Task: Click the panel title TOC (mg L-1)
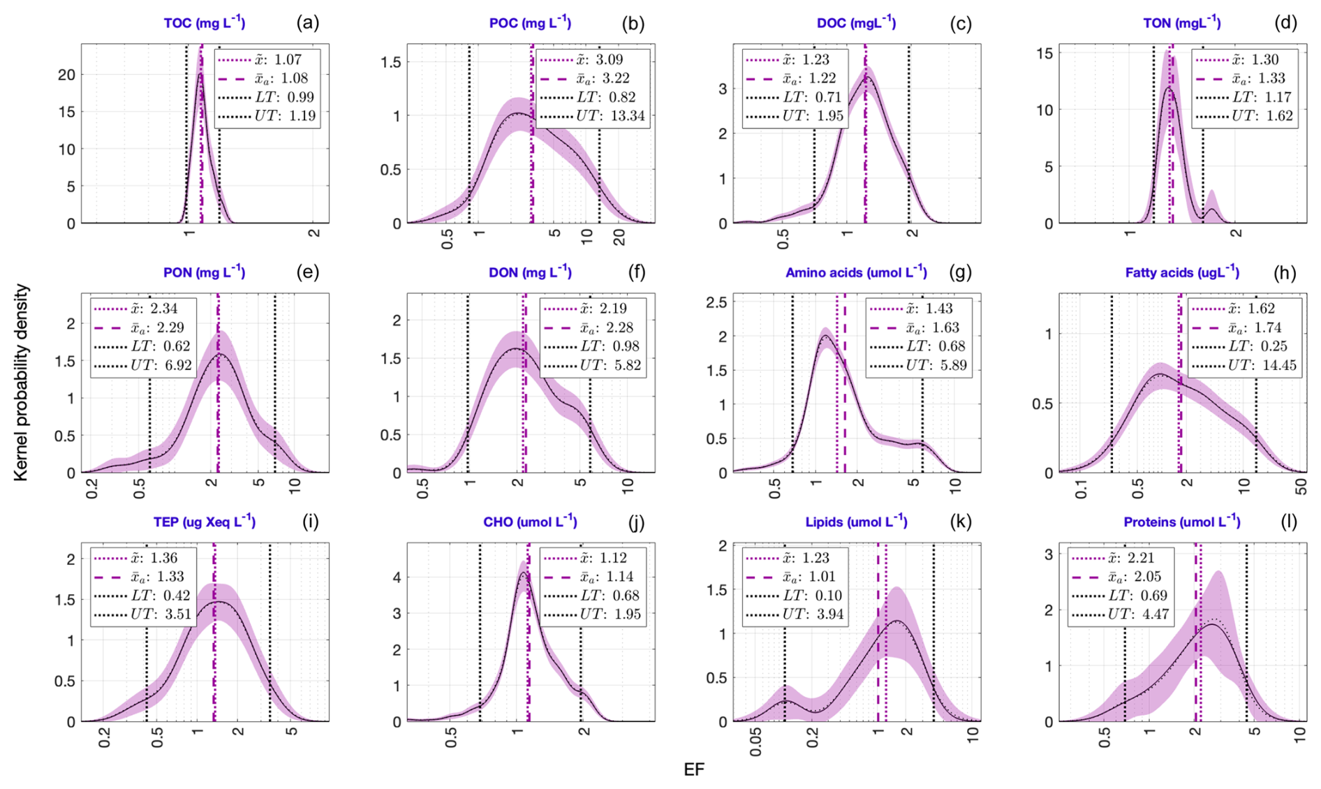click(204, 23)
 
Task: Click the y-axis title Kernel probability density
click(21, 382)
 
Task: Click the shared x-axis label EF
click(694, 769)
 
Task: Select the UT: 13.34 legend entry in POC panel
click(594, 116)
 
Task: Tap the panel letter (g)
click(960, 272)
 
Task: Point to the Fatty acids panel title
click(1181, 272)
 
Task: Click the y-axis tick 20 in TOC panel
click(67, 75)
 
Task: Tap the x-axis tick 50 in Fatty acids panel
click(1301, 487)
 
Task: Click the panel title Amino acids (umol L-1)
click(856, 272)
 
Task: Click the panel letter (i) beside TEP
click(310, 522)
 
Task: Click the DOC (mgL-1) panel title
click(856, 23)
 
